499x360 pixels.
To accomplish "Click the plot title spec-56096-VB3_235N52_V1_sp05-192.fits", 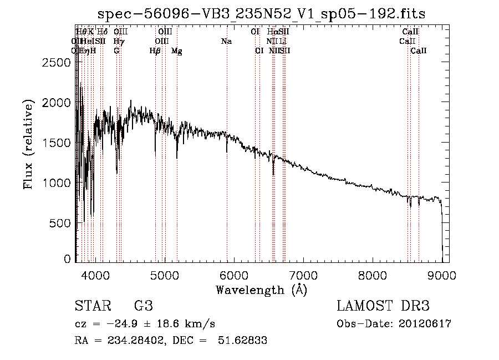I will tap(262, 14).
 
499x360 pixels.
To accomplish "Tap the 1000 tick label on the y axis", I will tap(58, 182).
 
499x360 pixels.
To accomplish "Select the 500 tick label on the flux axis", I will tap(61, 222).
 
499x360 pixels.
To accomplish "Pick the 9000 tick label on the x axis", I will tap(442, 273).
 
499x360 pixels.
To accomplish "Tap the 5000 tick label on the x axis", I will tap(164, 273).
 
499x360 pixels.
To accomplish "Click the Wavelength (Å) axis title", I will tap(261, 289).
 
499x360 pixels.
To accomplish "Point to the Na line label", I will tap(226, 41).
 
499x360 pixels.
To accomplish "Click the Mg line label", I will tap(177, 51).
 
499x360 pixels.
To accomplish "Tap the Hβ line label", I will tap(155, 51).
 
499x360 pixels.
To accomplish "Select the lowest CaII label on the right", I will tap(419, 51).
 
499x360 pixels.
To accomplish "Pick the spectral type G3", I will tap(144, 306).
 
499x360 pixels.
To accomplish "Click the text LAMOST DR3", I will tap(383, 306).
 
